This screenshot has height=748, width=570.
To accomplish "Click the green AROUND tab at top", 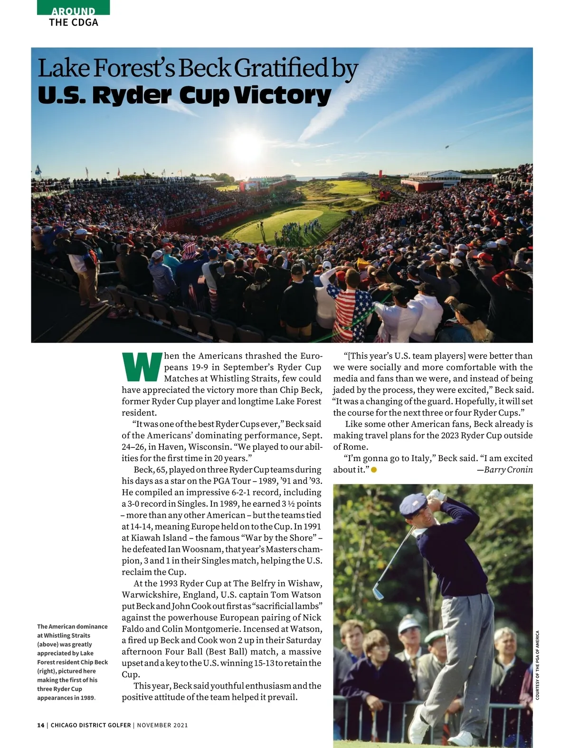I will click(x=73, y=10).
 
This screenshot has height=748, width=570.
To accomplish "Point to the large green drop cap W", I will click(x=141, y=367).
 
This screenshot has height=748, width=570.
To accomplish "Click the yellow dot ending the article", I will click(x=374, y=470).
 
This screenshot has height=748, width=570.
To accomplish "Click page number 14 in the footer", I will click(x=40, y=725).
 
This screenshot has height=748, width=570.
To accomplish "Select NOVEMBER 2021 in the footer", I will click(x=162, y=725).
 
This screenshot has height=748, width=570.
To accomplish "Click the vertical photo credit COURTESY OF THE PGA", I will click(x=538, y=665).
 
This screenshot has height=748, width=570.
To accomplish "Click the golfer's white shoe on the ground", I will click(x=459, y=738).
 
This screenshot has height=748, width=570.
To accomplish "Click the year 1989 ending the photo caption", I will click(x=87, y=698).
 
